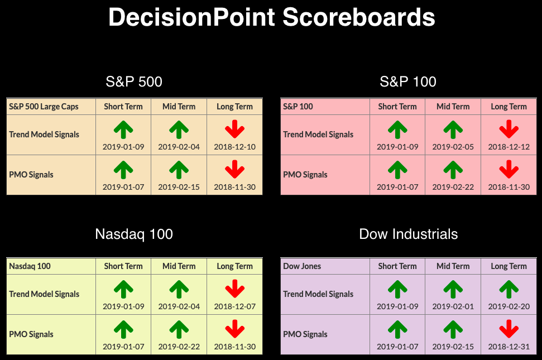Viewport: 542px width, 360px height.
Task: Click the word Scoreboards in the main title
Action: pyautogui.click(x=359, y=17)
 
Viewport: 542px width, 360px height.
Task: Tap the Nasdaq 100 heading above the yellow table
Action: pyautogui.click(x=134, y=234)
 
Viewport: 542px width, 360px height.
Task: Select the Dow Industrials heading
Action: pyautogui.click(x=408, y=234)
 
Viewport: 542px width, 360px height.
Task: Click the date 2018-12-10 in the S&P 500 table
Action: pyautogui.click(x=234, y=147)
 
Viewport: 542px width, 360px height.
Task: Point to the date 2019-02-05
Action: pyautogui.click(x=453, y=147)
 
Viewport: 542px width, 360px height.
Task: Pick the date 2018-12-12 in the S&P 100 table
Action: pyautogui.click(x=509, y=147)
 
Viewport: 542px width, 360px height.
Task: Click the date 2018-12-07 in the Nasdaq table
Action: pyautogui.click(x=234, y=306)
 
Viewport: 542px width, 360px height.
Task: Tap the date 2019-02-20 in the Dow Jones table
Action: pyautogui.click(x=509, y=306)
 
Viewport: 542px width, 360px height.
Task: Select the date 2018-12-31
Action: pyautogui.click(x=509, y=347)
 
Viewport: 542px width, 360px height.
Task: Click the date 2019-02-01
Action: pyautogui.click(x=453, y=306)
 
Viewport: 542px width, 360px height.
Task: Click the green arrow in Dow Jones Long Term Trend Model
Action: pyautogui.click(x=509, y=289)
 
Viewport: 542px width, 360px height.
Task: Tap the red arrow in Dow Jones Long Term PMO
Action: pyautogui.click(x=509, y=329)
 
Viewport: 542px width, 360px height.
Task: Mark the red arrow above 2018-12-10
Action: pyautogui.click(x=234, y=129)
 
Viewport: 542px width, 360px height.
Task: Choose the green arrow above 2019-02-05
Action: pyautogui.click(x=453, y=129)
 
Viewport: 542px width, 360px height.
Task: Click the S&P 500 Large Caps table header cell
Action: pyautogui.click(x=51, y=107)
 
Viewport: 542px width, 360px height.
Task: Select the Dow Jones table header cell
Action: pyautogui.click(x=325, y=266)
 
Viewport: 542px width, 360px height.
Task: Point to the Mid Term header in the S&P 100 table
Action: pyautogui.click(x=453, y=107)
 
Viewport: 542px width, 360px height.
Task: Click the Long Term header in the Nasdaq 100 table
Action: pyautogui.click(x=234, y=266)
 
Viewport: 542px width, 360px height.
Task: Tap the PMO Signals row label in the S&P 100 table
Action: pyautogui.click(x=305, y=175)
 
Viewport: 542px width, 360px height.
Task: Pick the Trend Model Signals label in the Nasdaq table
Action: pyautogui.click(x=44, y=294)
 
